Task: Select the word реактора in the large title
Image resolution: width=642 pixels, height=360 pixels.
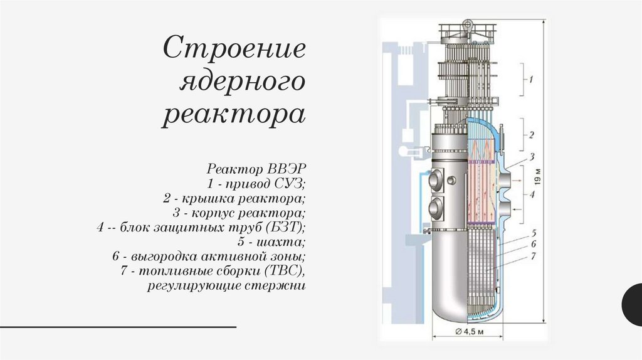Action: tap(234, 115)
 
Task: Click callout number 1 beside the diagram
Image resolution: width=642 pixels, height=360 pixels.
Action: tap(530, 80)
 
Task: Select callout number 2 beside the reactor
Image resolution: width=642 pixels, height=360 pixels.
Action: tap(530, 134)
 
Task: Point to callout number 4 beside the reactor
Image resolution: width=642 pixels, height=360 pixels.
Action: tap(532, 194)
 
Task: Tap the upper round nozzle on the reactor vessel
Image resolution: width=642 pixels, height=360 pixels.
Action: tap(434, 181)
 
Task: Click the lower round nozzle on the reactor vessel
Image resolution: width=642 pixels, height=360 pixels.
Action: tap(434, 206)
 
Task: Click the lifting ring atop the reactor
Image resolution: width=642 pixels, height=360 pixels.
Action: tap(467, 25)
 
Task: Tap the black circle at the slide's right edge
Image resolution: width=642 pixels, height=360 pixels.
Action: tap(633, 304)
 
